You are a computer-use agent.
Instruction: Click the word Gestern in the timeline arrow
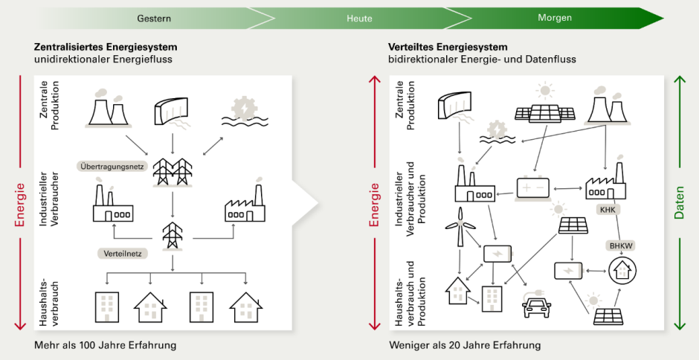tap(155, 17)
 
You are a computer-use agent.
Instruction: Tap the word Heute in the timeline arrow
tap(359, 17)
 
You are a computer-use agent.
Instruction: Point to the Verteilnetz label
tap(122, 253)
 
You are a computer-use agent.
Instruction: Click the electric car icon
tap(538, 305)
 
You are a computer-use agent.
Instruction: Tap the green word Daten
tap(679, 203)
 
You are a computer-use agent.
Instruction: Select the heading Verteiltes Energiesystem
tap(448, 47)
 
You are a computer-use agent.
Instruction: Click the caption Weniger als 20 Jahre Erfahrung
tap(465, 346)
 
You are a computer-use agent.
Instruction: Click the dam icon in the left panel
tap(171, 112)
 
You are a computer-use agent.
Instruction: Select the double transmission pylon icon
tap(173, 170)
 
